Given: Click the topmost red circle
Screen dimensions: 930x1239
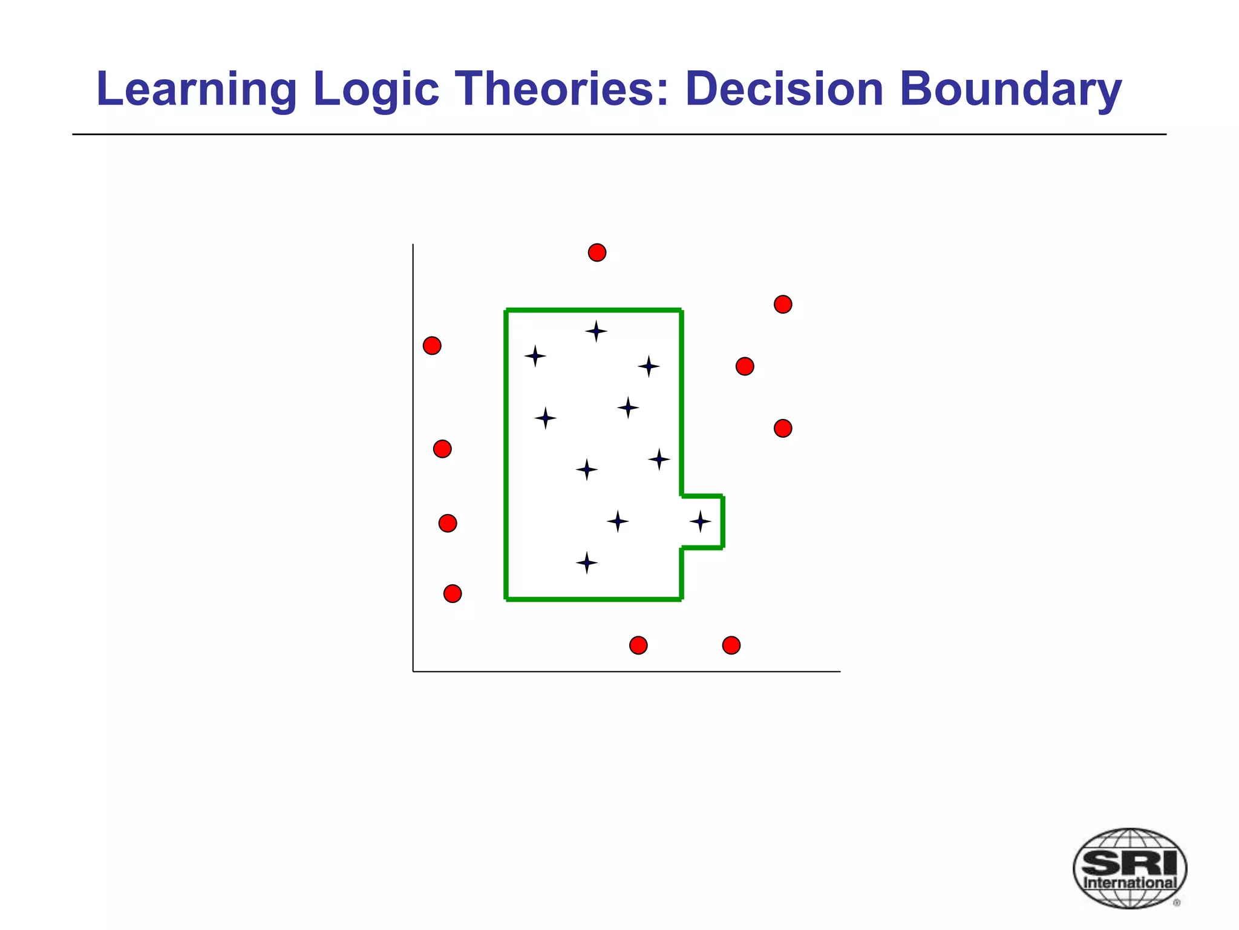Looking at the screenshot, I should [x=597, y=252].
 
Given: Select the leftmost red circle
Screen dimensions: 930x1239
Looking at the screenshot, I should [x=432, y=346].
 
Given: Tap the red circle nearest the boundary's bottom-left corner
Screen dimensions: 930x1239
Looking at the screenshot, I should [x=453, y=593].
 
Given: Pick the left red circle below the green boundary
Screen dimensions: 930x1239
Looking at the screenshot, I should [x=638, y=645].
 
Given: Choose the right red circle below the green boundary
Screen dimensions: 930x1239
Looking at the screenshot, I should [x=731, y=645].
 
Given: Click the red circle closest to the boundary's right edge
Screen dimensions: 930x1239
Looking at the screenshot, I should [x=745, y=366].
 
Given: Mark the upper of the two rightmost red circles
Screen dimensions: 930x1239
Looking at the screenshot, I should [x=783, y=304].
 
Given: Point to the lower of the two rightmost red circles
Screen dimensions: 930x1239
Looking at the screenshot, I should [x=783, y=429].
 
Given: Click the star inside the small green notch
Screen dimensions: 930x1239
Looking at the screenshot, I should [x=700, y=521].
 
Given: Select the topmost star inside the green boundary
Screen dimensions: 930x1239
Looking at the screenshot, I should [x=596, y=331].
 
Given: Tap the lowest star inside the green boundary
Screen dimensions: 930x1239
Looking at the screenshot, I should [x=586, y=563].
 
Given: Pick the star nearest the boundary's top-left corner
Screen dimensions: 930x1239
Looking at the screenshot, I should [x=535, y=356].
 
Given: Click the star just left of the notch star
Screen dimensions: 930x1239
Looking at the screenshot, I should [x=617, y=521].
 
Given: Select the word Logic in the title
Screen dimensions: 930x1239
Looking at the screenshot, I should [x=376, y=90].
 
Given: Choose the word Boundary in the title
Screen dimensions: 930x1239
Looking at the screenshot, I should [x=1010, y=90].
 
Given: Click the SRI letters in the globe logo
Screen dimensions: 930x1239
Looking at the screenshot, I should [x=1129, y=862].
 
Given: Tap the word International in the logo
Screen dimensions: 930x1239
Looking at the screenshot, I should [x=1129, y=883].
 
